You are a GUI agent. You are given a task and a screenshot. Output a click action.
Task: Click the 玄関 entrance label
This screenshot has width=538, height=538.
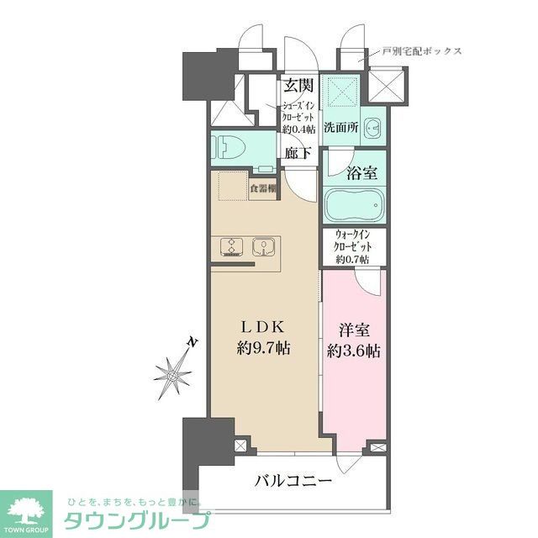[298, 84]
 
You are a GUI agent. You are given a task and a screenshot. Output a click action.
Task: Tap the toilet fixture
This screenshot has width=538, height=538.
[227, 148]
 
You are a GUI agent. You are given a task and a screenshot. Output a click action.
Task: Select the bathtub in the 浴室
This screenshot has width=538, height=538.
[352, 204]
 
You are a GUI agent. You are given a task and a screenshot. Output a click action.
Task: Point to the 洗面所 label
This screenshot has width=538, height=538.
[341, 131]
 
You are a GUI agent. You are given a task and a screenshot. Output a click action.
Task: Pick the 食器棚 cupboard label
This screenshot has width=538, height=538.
[263, 188]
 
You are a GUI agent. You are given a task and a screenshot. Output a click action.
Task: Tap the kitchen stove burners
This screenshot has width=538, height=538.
[230, 245]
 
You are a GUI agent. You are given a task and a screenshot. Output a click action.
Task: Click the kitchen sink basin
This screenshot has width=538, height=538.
[263, 246]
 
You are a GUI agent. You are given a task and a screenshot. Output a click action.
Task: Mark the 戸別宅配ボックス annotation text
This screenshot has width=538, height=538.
[421, 51]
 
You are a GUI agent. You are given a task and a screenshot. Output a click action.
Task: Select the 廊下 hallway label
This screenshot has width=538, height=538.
[298, 153]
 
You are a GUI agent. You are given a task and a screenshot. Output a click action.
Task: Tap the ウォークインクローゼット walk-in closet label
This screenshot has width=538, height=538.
[352, 246]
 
